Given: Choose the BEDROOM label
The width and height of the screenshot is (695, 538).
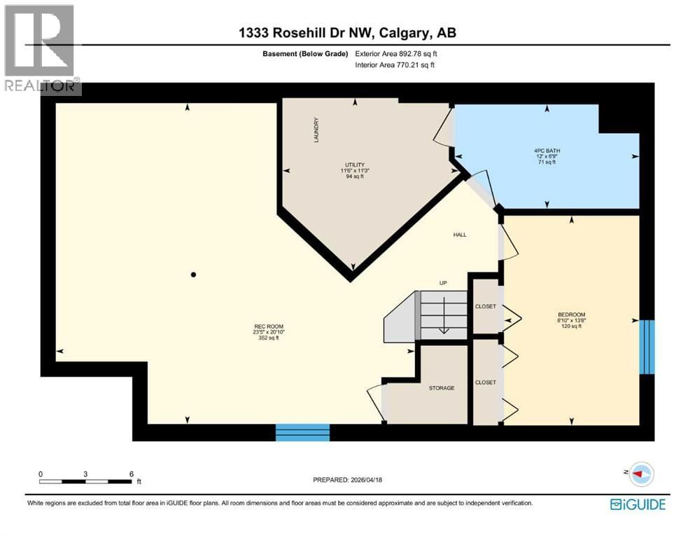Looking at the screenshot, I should pos(571,315).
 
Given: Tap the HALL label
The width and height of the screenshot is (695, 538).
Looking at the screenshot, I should pos(458,235).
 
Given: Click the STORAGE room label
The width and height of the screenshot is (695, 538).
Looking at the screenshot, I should pos(442,388).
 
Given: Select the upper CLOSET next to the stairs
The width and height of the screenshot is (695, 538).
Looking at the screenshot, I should pos(485,307).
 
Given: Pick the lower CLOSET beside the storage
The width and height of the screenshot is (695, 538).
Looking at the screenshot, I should pos(485,382).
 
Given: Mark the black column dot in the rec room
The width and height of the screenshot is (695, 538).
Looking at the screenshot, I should pos(194,275).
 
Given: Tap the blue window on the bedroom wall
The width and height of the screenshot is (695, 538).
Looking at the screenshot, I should pos(647,347).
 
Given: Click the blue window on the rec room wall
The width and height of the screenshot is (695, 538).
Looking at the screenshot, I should pos(302,432).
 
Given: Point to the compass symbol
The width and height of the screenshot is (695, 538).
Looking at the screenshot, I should pos(640,475).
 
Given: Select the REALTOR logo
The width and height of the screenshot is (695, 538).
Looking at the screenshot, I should pos(41,49).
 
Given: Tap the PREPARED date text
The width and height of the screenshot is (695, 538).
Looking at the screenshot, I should pos(347,480).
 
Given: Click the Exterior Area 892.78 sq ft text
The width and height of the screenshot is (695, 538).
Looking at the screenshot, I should pos(396,53).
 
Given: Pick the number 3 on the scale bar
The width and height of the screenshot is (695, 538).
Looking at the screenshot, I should pos(85,474).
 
